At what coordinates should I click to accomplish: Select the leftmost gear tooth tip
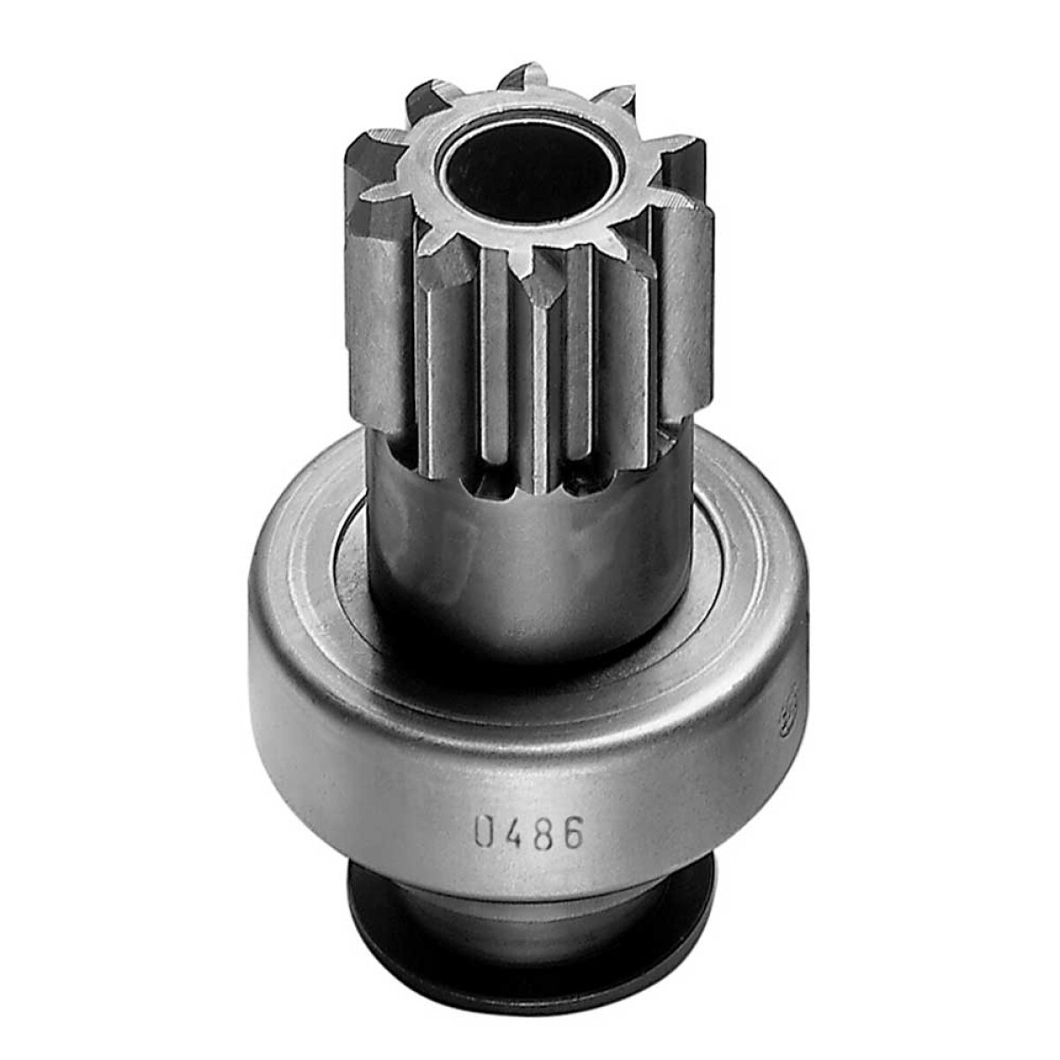(x=358, y=150)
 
